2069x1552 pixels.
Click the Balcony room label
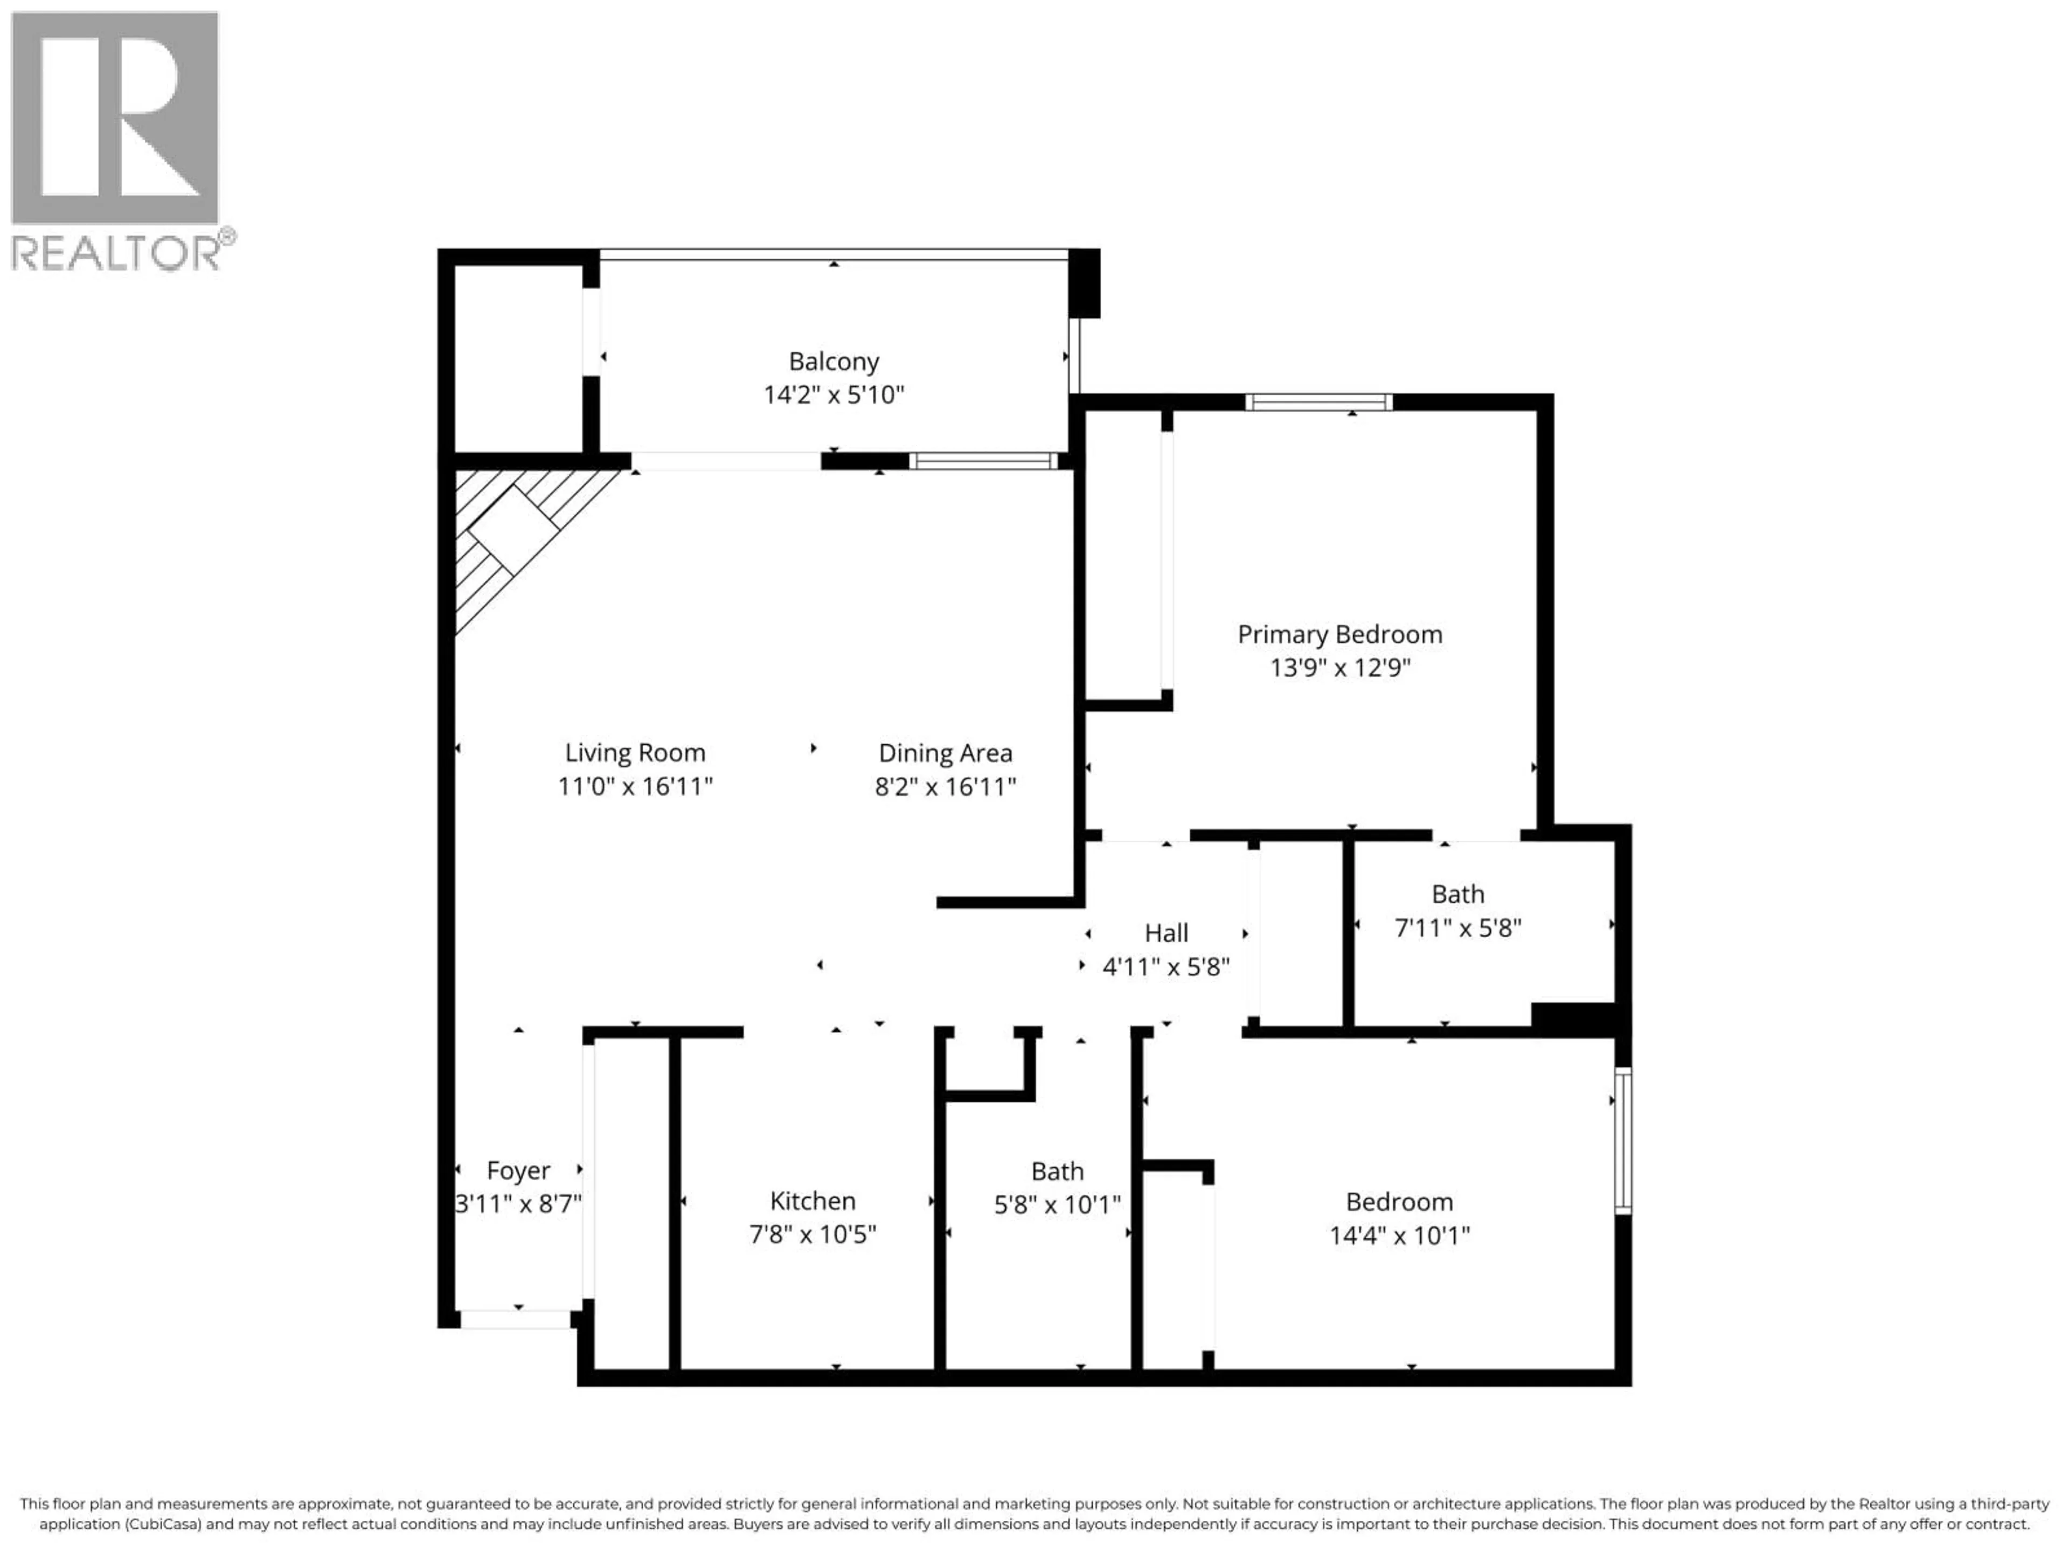834,361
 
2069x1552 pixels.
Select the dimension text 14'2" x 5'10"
834,395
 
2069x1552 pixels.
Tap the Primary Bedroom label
1339,634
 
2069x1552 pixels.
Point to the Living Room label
635,752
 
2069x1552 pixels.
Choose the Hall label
1167,933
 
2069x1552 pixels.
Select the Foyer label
518,1170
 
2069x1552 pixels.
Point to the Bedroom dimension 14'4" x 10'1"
1399,1235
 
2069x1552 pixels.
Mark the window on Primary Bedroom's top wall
1318,402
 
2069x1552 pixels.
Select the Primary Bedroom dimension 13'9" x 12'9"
1339,668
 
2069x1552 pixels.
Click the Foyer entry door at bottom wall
516,1319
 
